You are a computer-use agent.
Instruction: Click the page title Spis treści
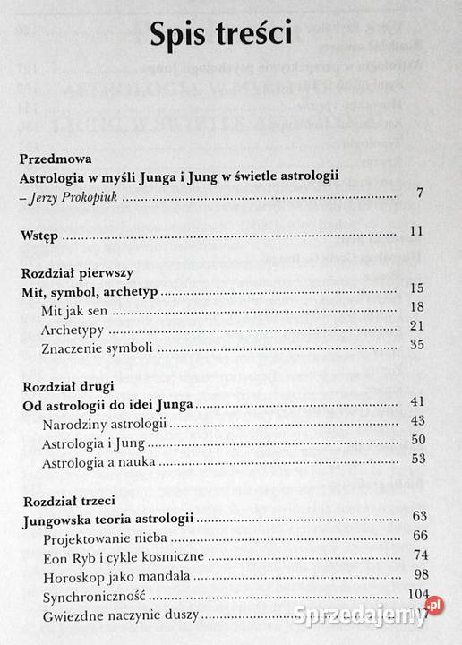click(231, 35)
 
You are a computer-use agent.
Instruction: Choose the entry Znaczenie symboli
click(96, 348)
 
